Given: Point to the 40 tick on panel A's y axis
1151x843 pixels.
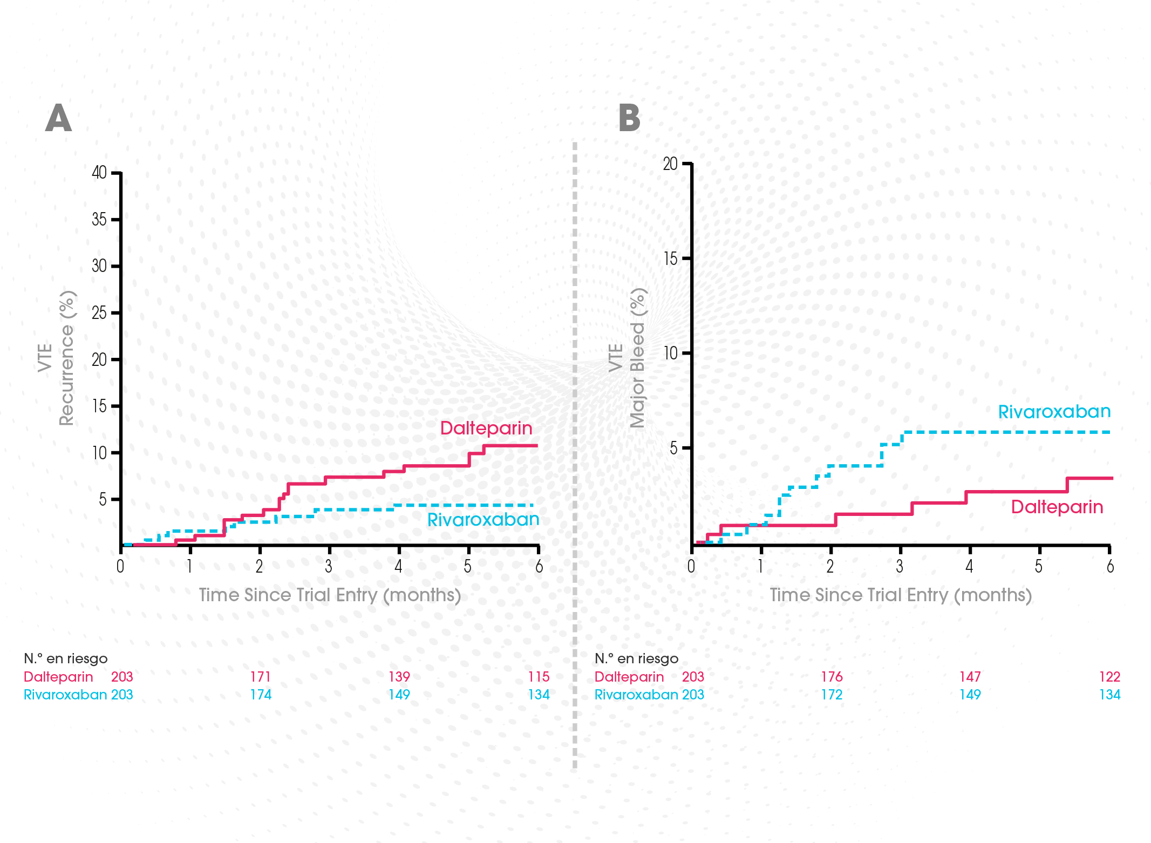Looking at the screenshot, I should click(99, 173).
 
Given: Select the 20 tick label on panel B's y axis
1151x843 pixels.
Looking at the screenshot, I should click(670, 164).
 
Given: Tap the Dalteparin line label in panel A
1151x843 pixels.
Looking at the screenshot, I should click(486, 428).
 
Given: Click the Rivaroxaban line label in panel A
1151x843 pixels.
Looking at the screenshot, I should click(483, 519).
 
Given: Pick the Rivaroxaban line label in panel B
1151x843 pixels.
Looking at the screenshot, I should click(1054, 412).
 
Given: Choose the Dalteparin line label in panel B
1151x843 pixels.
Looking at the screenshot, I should click(1057, 507).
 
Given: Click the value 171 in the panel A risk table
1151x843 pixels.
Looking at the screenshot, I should click(260, 677).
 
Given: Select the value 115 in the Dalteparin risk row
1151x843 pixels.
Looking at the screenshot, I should click(539, 677).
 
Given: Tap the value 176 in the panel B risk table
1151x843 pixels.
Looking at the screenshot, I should click(832, 677).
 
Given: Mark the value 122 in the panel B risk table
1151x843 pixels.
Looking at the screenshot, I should click(1109, 677).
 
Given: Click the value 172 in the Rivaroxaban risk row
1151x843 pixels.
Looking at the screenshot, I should click(832, 695).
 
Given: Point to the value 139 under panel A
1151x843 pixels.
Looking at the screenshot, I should click(399, 677).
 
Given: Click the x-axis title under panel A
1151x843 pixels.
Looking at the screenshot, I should click(330, 595).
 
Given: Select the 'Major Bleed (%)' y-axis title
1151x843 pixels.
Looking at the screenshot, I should click(638, 358).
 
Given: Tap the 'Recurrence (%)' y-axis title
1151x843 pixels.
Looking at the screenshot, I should click(67, 358).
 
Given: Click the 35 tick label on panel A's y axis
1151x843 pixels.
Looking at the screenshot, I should click(99, 220).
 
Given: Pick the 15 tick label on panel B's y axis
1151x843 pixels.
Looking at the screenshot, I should click(670, 259).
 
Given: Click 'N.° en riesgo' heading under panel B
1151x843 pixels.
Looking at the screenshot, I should click(636, 658).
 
